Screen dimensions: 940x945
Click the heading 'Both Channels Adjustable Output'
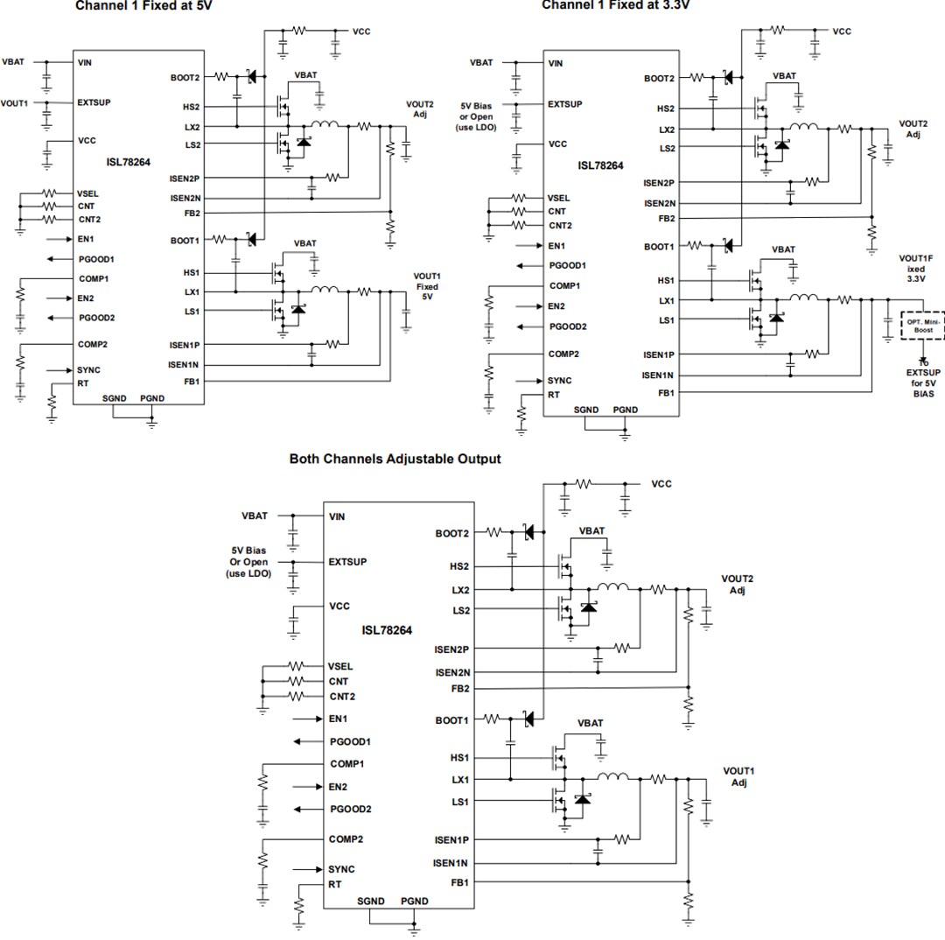395,459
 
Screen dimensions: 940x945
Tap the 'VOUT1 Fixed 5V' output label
427,286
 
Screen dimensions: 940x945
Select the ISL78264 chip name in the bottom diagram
387,630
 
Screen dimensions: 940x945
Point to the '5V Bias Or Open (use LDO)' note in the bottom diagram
248,562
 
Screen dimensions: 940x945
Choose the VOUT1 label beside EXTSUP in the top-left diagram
14,102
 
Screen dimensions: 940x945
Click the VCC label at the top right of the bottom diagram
662,484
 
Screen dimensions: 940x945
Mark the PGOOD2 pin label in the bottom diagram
351,809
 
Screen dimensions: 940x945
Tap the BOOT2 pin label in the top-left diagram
185,77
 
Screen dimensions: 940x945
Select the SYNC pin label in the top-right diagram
559,381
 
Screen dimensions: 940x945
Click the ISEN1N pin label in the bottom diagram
451,863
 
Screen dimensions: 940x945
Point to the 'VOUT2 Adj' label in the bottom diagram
737,585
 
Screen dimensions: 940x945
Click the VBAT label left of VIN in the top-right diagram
481,63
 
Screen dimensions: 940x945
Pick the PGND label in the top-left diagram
151,398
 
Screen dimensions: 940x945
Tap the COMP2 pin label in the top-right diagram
563,354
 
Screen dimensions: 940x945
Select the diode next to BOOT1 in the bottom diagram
528,719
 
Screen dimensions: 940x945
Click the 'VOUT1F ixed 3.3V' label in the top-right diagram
915,268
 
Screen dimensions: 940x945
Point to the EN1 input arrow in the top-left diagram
58,238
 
